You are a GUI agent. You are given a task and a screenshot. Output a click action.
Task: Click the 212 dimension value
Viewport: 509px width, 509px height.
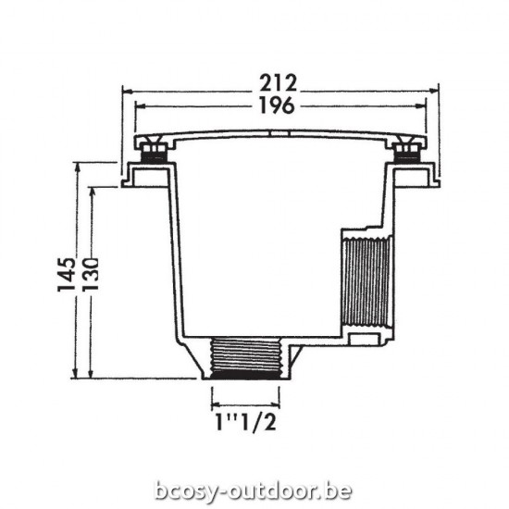279,81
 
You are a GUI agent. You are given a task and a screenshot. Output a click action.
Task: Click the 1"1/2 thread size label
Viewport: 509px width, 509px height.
246,425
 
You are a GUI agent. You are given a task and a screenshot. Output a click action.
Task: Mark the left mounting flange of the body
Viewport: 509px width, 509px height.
145,175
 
